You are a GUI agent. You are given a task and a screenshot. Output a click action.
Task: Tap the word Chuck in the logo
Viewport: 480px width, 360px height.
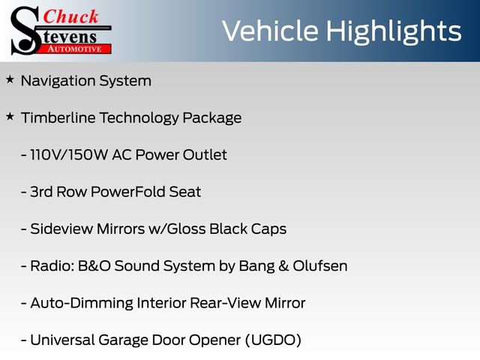pos(71,16)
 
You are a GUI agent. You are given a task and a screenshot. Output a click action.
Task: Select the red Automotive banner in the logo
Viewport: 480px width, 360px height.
pos(78,49)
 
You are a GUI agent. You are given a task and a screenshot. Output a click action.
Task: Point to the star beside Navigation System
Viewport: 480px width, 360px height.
pos(10,79)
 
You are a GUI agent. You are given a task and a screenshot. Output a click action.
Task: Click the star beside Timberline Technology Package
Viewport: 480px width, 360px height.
pos(10,116)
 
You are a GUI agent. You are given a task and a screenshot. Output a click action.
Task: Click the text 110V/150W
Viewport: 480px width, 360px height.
pos(69,155)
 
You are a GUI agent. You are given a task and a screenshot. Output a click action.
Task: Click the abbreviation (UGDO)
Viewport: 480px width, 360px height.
pos(271,340)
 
